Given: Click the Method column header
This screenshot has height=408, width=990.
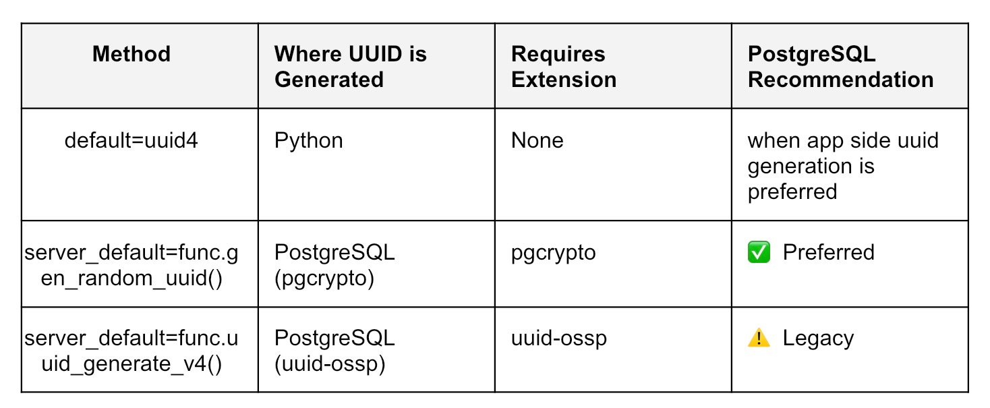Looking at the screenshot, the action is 132,54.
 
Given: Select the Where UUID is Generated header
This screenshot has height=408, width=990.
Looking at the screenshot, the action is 351,66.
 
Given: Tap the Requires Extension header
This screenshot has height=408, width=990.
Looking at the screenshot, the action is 564,66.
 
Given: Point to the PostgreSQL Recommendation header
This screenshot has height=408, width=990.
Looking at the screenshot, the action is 840,66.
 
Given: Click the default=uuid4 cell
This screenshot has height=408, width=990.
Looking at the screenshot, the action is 132,141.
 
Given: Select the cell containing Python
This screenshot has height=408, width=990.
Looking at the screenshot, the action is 309,141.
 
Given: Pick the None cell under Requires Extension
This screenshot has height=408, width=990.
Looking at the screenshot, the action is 537,141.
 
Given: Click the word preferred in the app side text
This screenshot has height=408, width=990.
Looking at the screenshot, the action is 792,192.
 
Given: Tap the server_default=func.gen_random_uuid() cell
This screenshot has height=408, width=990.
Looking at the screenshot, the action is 132,265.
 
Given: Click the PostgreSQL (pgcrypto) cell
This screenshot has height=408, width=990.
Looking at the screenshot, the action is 334,265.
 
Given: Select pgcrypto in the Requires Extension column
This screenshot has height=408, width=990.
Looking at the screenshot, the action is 553,252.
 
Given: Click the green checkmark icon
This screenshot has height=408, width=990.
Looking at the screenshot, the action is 759,252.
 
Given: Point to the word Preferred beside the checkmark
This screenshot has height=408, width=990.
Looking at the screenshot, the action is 828,252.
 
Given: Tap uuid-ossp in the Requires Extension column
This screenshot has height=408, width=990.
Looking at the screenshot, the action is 558,338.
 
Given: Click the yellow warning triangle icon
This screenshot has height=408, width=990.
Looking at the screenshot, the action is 759,338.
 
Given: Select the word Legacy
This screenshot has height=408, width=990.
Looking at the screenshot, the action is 818,338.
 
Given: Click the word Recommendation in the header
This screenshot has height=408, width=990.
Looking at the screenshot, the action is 840,80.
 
